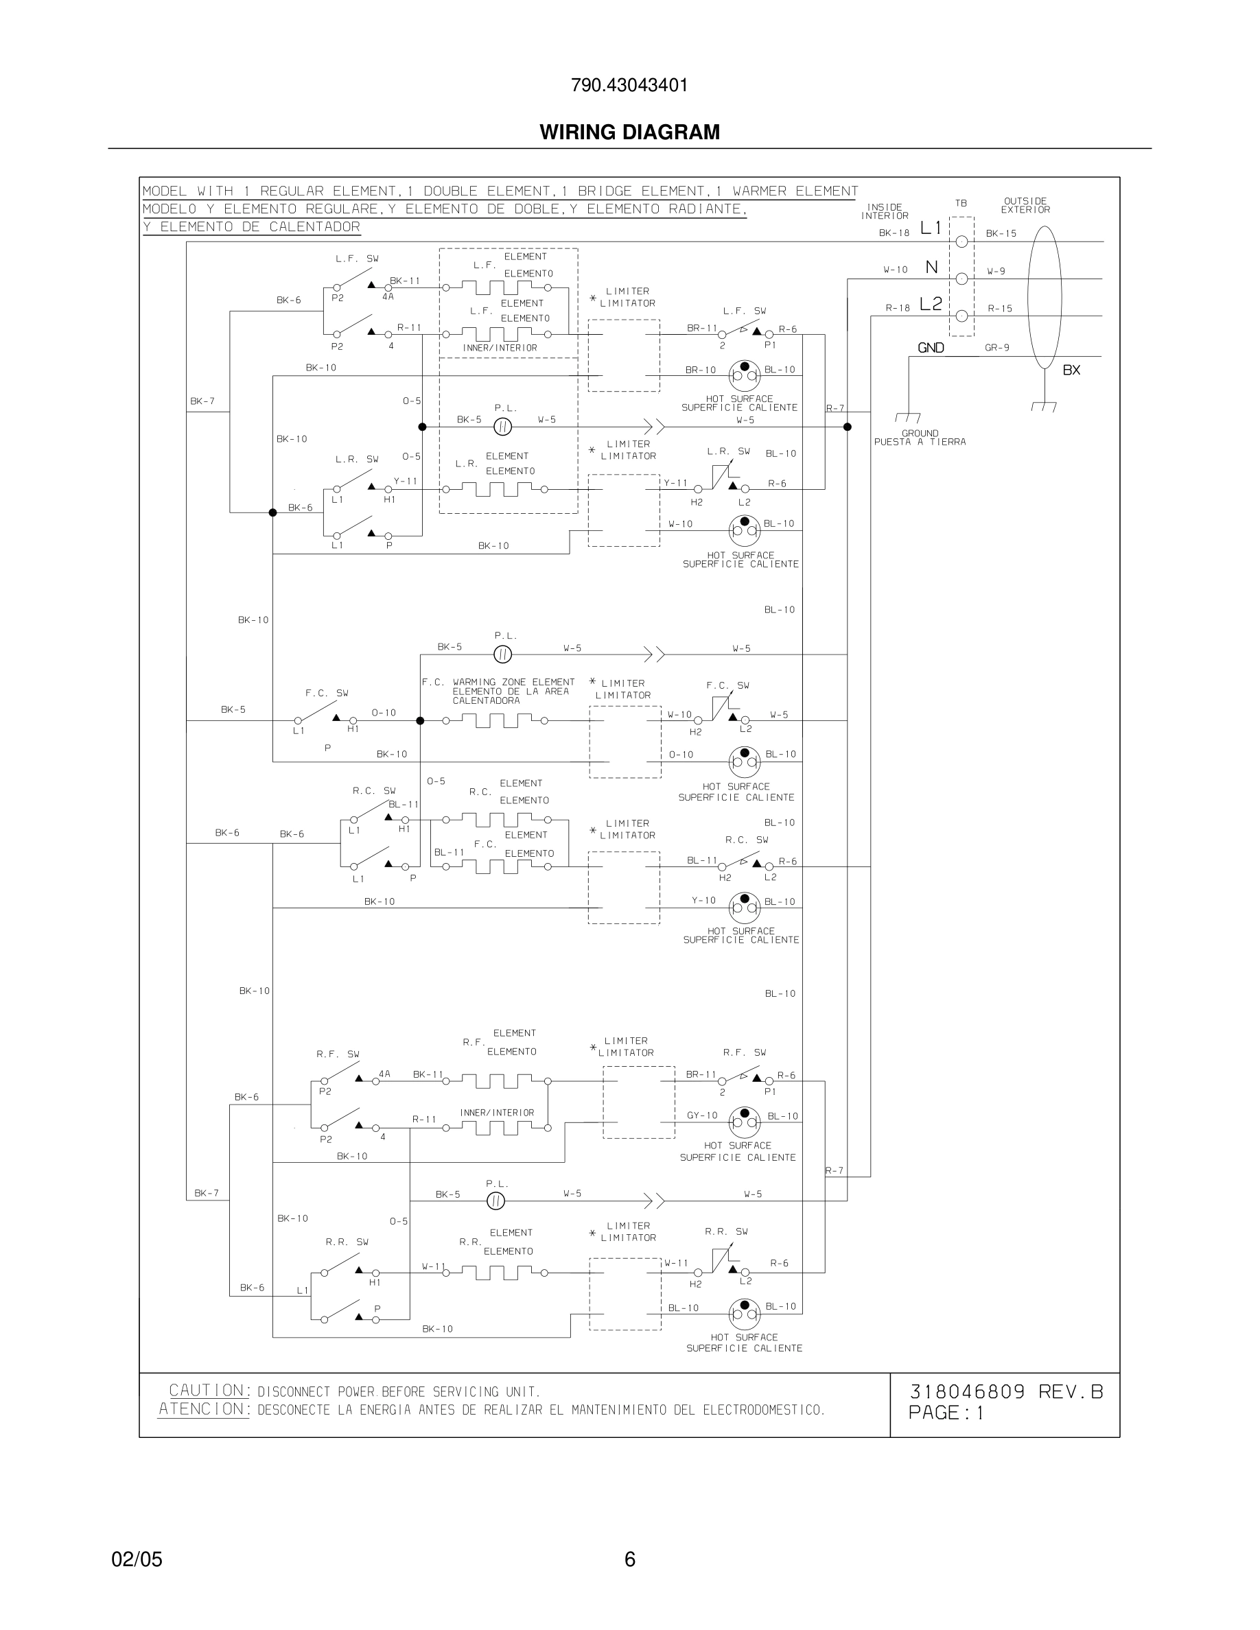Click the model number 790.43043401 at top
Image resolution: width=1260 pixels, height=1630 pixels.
coord(629,86)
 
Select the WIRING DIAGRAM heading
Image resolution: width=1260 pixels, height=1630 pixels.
coord(629,132)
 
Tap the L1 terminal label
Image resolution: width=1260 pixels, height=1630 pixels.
coord(931,228)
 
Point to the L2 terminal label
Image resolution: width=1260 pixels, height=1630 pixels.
coord(931,304)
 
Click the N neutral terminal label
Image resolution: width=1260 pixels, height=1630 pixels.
coord(931,267)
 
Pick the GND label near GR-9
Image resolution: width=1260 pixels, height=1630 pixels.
coord(931,348)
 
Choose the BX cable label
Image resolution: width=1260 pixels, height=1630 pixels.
coord(1071,370)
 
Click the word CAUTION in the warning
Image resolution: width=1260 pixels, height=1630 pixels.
coord(207,1391)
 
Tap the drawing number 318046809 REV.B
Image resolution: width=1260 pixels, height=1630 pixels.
coord(1005,1392)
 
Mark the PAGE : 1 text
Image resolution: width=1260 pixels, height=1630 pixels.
coord(946,1413)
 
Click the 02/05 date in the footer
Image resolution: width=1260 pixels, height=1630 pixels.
coord(137,1559)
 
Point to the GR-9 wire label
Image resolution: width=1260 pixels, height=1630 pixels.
coord(997,348)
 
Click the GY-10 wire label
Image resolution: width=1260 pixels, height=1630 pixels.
coord(701,1115)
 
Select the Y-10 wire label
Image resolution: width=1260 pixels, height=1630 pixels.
coord(703,901)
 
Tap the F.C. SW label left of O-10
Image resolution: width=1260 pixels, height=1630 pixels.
coord(327,694)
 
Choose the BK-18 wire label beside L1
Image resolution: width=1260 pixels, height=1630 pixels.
coord(894,233)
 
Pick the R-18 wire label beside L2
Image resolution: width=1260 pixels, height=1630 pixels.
coord(897,307)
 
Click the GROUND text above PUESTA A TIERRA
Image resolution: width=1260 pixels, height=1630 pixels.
coord(920,433)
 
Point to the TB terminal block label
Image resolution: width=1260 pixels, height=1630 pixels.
coord(961,203)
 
